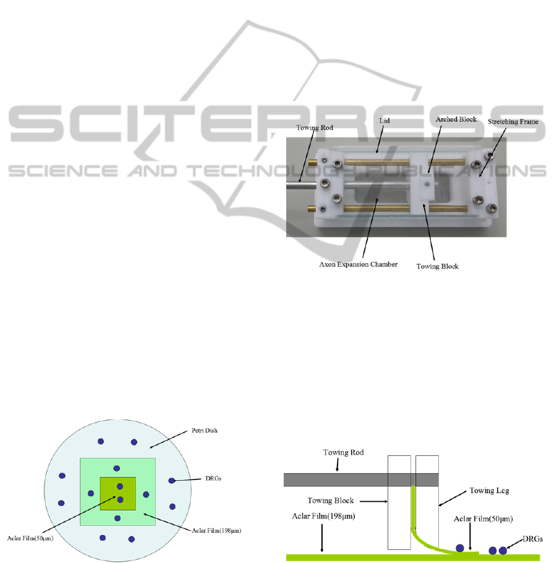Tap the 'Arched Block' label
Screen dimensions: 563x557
[456, 119]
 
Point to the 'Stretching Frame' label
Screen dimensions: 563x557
[513, 122]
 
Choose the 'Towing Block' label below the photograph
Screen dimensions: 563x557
[438, 267]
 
